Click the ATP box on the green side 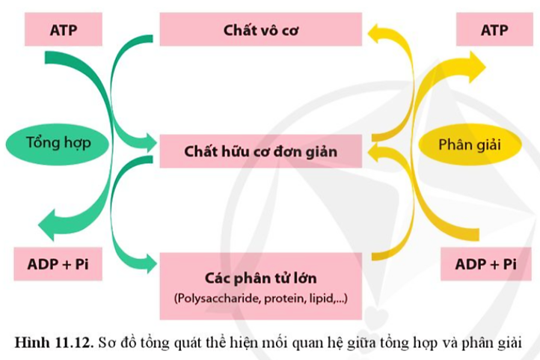tap(64, 31)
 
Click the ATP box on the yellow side tap(494, 31)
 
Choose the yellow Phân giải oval tap(468, 142)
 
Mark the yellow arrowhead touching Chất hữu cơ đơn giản tap(374, 153)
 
